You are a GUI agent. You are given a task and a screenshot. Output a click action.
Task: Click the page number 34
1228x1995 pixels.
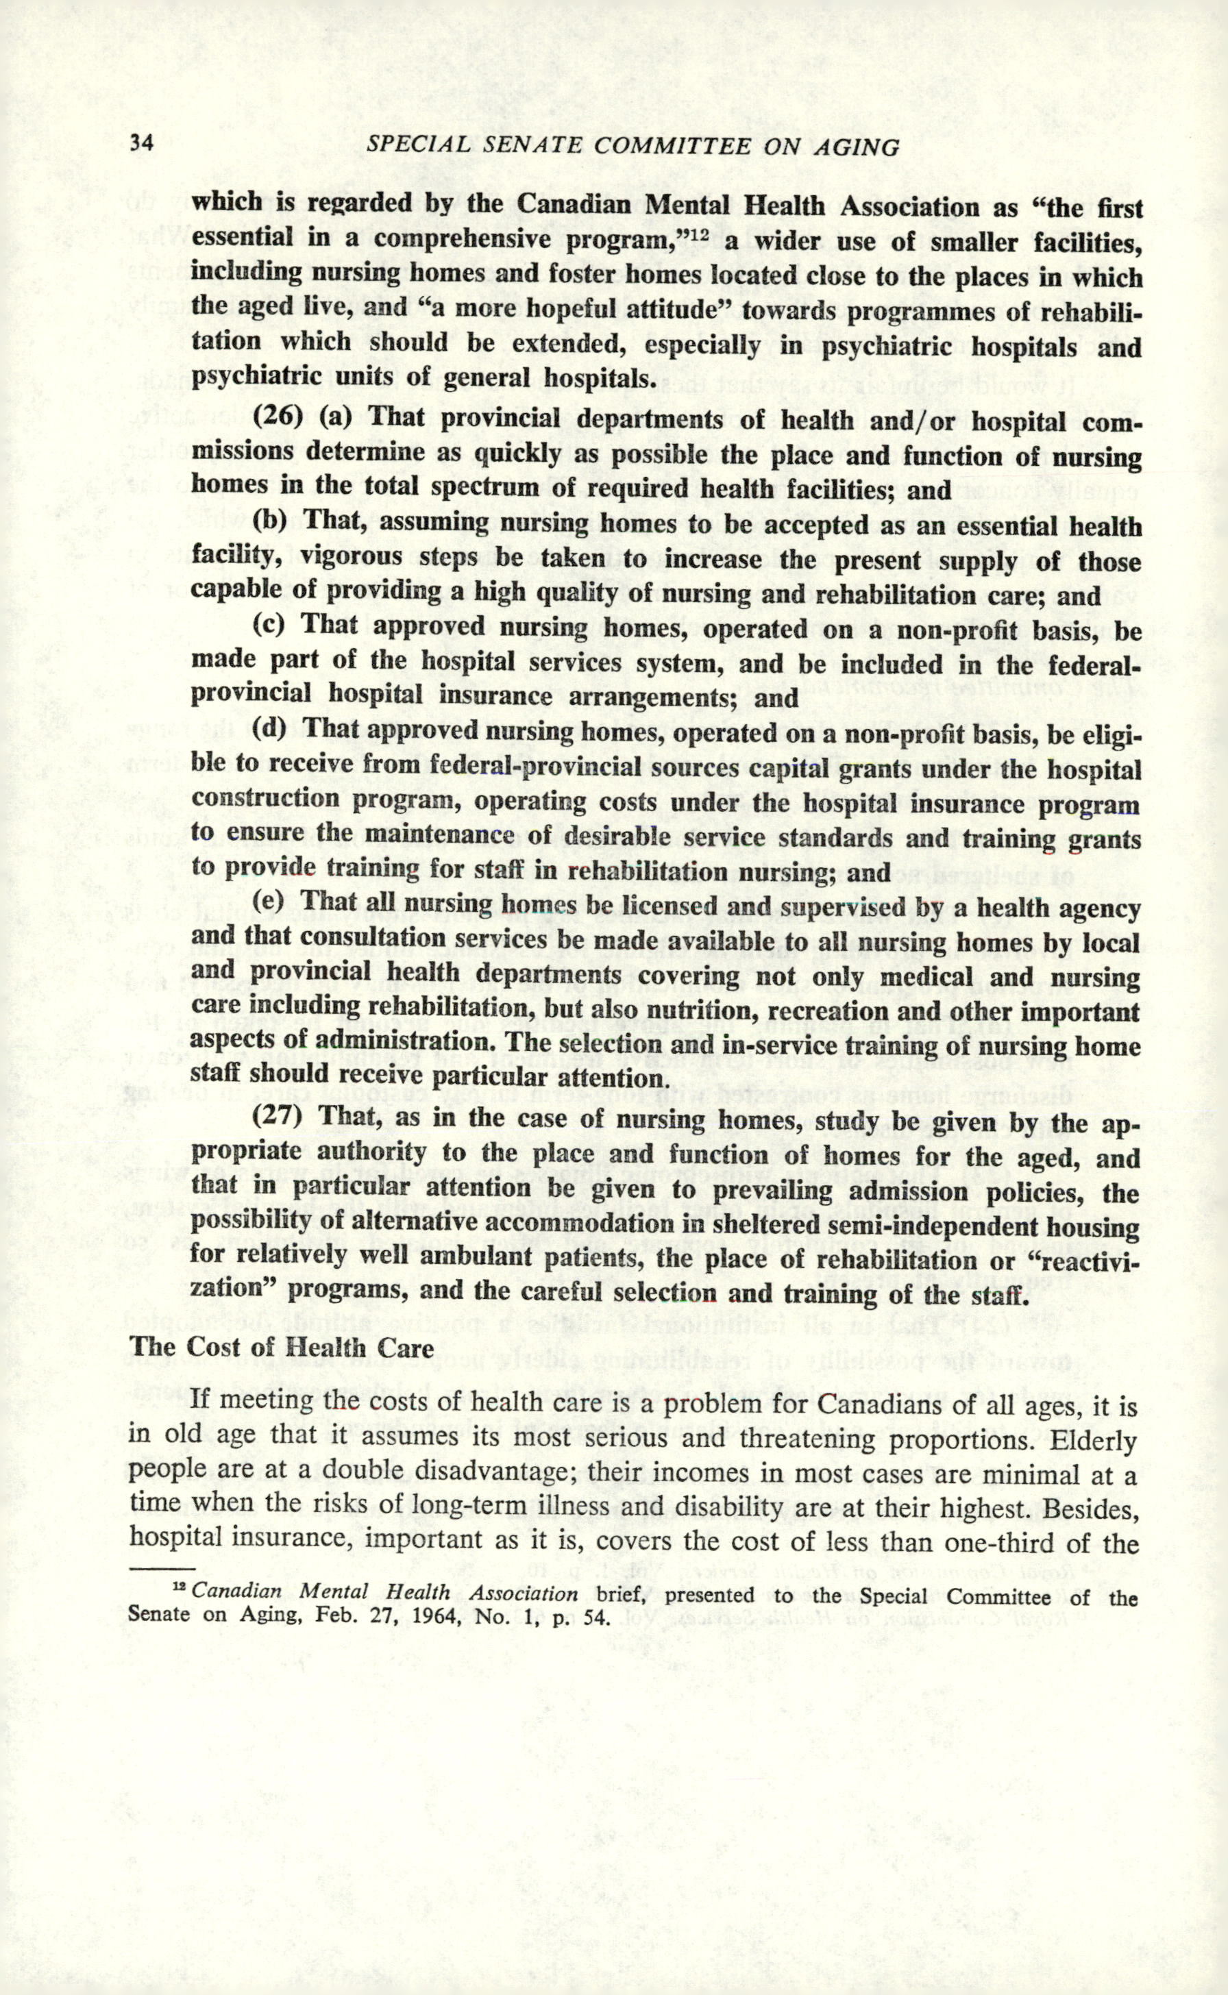(x=141, y=143)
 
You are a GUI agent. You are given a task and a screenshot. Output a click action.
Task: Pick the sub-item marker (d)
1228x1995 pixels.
(x=269, y=728)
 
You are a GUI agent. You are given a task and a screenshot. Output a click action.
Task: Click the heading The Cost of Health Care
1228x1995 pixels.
(x=281, y=1347)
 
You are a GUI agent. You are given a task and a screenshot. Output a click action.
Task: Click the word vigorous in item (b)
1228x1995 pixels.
(x=351, y=557)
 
